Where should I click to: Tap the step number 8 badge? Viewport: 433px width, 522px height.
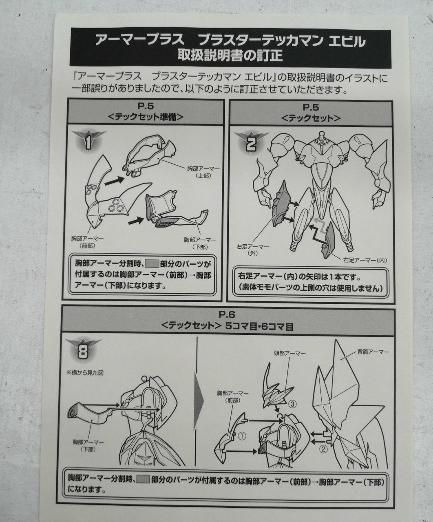(83, 351)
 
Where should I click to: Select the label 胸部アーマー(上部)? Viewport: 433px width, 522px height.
(203, 172)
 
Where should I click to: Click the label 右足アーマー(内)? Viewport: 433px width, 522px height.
(365, 260)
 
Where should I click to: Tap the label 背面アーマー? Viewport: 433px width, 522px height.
(373, 352)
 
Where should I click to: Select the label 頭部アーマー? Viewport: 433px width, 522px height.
(290, 354)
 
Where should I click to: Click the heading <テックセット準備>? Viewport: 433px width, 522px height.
(146, 117)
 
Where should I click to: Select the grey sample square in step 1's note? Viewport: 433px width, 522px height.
(152, 263)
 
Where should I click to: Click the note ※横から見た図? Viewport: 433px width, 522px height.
(85, 373)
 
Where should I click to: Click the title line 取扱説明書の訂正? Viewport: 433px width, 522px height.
(230, 55)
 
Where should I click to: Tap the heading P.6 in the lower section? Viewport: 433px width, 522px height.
(227, 314)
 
